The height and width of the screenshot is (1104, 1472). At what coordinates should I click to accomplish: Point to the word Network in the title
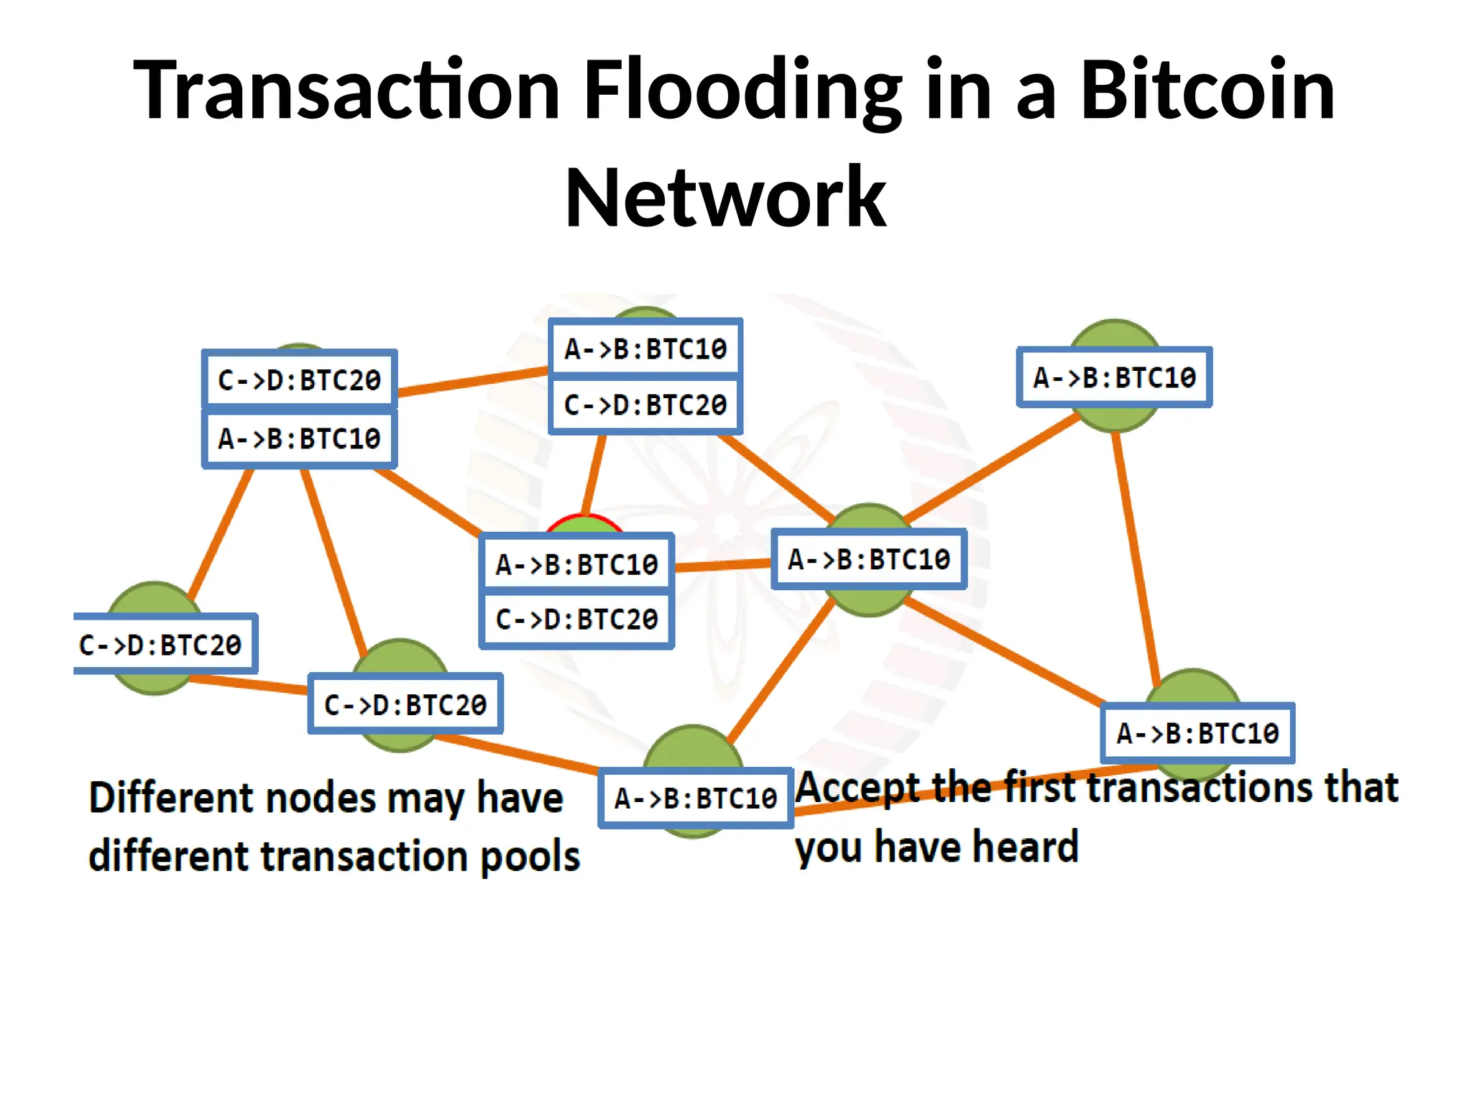click(726, 198)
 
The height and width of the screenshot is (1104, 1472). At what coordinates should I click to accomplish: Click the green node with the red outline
click(584, 525)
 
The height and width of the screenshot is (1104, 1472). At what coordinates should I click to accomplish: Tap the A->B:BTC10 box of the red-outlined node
click(576, 564)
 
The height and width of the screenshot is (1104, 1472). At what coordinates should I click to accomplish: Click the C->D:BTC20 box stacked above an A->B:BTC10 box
click(299, 379)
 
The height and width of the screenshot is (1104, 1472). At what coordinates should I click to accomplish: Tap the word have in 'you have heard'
click(904, 847)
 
